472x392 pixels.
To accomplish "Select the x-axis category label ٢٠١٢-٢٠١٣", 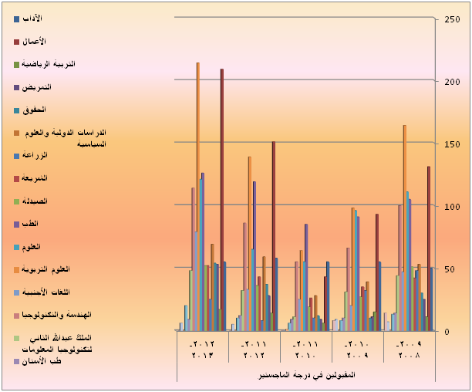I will click(202, 350).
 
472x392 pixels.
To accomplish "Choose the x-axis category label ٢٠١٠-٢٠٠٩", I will click(356, 350).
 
